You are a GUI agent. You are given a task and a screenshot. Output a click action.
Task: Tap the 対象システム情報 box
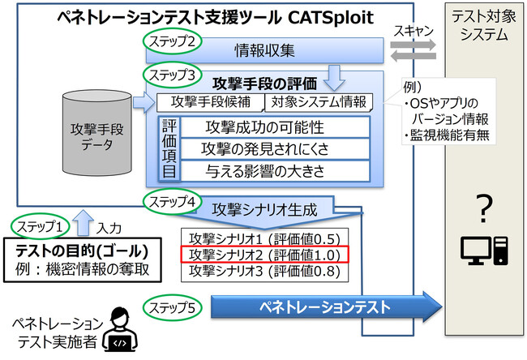(x=318, y=103)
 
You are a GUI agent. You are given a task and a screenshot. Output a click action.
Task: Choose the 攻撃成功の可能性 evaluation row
(x=264, y=127)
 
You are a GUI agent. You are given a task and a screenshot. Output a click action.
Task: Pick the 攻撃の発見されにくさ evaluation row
(x=264, y=148)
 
